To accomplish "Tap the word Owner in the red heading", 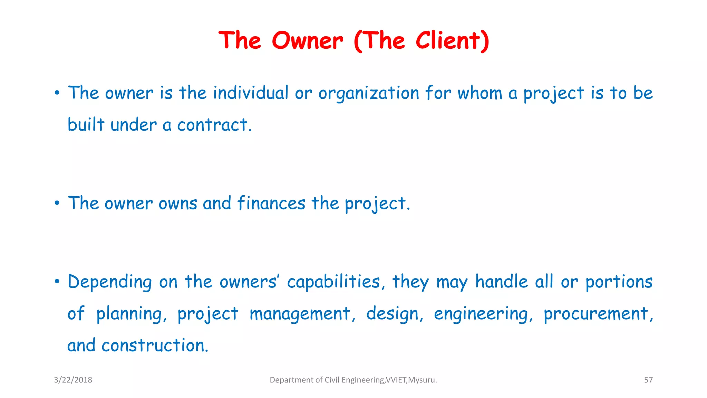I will [x=307, y=41].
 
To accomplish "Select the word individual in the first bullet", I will [x=250, y=93].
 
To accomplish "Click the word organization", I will [x=368, y=94].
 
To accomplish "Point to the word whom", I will [x=480, y=93].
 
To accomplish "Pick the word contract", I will [x=214, y=125].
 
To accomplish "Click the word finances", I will [x=271, y=203].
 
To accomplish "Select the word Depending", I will [x=110, y=282].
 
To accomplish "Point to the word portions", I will [x=619, y=282].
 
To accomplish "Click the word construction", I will [x=155, y=345].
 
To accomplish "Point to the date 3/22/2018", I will [x=73, y=380].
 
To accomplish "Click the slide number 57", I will [x=648, y=380].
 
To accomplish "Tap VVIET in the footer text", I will [x=396, y=380].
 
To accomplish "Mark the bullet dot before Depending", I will [x=57, y=282].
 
